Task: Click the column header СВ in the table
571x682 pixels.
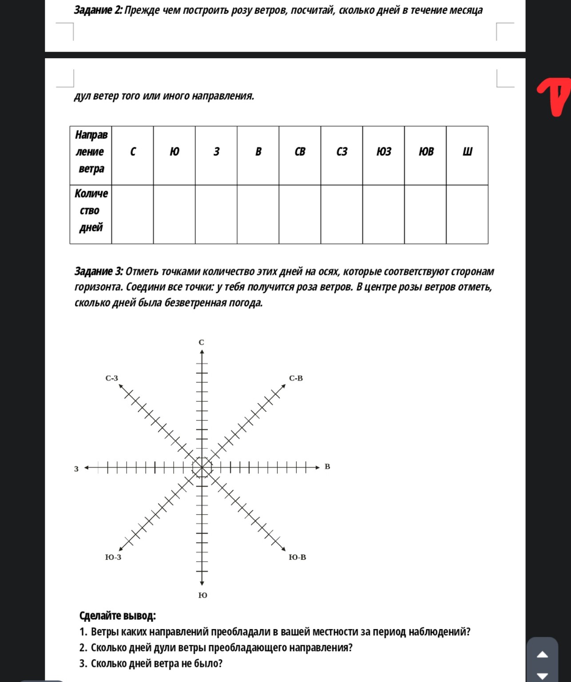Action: (x=300, y=152)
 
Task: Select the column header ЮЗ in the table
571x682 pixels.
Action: (x=384, y=152)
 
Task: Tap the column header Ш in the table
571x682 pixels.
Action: (x=467, y=152)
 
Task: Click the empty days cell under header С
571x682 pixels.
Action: (x=132, y=214)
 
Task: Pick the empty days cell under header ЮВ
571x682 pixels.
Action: (x=425, y=214)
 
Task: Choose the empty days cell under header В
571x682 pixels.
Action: (x=258, y=214)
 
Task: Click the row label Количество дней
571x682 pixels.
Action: (x=91, y=210)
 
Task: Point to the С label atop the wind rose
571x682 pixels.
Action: (x=202, y=342)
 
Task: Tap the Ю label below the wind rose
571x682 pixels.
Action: (x=202, y=595)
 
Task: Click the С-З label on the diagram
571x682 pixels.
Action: (x=112, y=378)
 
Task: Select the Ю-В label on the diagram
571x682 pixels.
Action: (x=297, y=557)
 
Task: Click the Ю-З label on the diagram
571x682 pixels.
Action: (x=113, y=557)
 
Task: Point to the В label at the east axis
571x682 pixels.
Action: (x=328, y=467)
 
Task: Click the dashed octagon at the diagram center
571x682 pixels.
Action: (x=202, y=467)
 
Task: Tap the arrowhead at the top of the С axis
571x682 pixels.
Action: (x=202, y=353)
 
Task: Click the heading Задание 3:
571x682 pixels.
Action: (x=99, y=271)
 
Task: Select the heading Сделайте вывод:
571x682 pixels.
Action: (x=118, y=616)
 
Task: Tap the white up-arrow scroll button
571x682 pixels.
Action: (x=543, y=654)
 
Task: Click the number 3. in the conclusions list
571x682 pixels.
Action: (x=83, y=664)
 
